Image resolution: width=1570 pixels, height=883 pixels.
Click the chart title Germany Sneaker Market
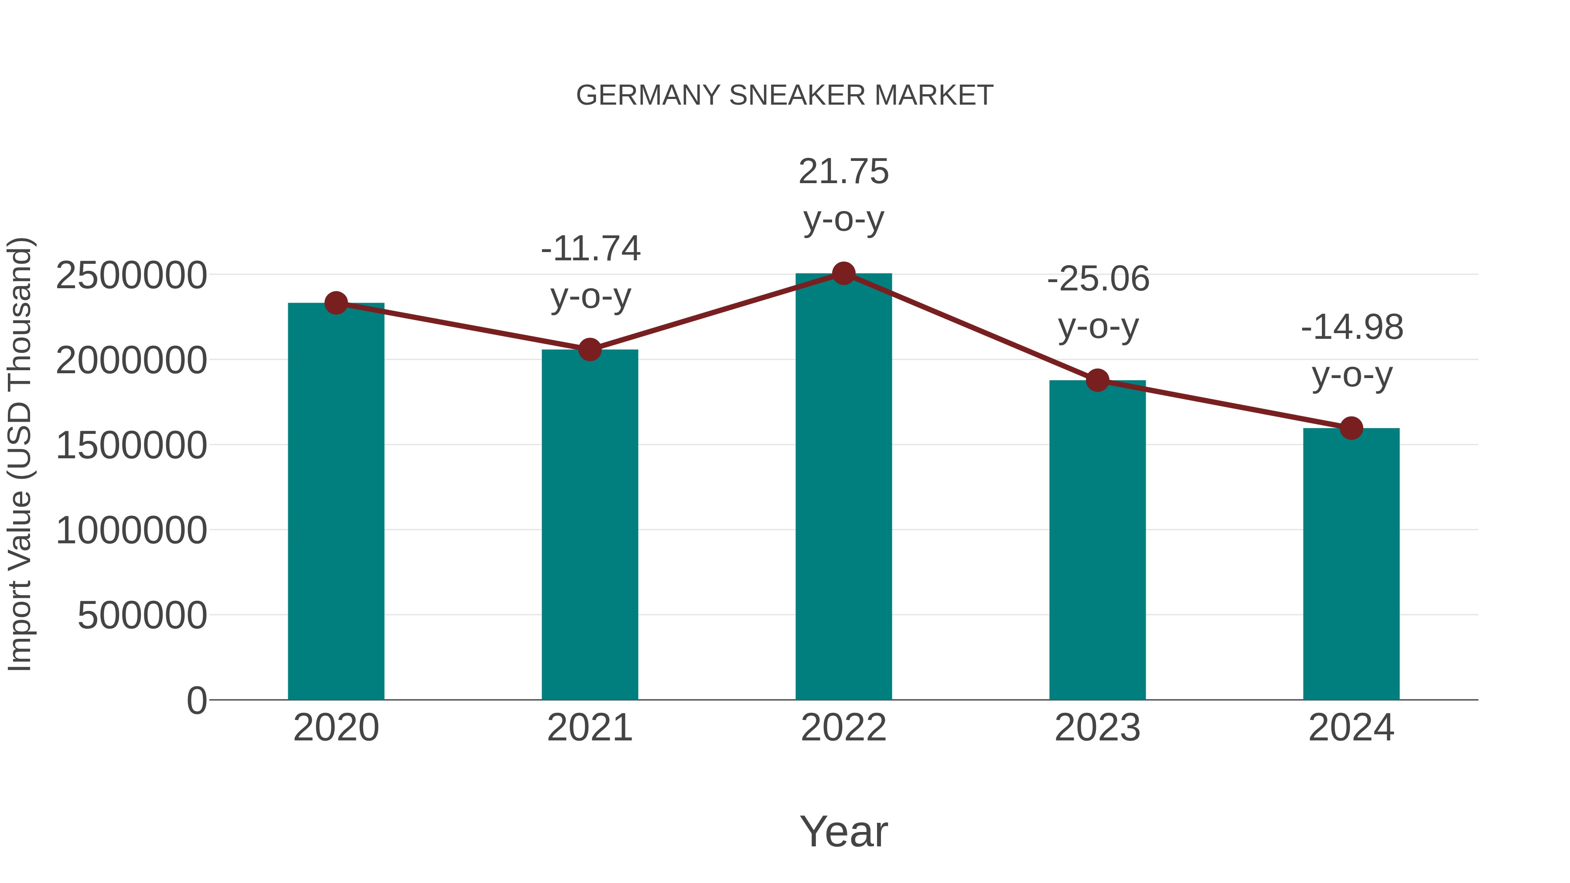point(785,95)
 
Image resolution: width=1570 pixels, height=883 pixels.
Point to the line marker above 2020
point(336,303)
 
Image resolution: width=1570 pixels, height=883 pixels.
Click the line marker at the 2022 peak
point(843,273)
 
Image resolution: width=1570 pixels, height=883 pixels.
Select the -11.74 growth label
point(590,249)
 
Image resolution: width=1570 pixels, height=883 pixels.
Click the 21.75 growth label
point(843,172)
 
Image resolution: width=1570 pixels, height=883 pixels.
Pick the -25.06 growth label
point(1098,280)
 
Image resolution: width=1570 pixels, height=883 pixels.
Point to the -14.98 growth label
point(1352,328)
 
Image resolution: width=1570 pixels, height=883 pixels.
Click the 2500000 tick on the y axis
point(131,276)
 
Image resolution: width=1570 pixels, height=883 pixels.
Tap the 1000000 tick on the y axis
point(131,530)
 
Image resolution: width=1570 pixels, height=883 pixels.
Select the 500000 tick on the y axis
point(142,615)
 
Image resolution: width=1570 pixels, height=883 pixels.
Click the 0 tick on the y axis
point(197,701)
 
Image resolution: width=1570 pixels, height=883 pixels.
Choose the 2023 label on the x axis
point(1097,728)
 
